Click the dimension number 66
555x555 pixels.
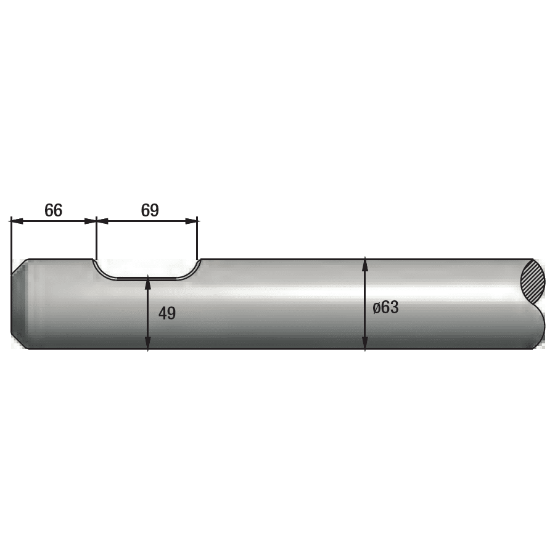[x=54, y=210]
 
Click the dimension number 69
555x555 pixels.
[x=150, y=210]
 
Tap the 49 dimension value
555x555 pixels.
[x=167, y=313]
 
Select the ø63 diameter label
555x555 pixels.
[x=385, y=307]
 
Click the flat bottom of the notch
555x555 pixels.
[x=147, y=279]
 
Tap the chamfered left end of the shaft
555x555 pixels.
[x=20, y=303]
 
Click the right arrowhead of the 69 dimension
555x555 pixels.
[x=191, y=221]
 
